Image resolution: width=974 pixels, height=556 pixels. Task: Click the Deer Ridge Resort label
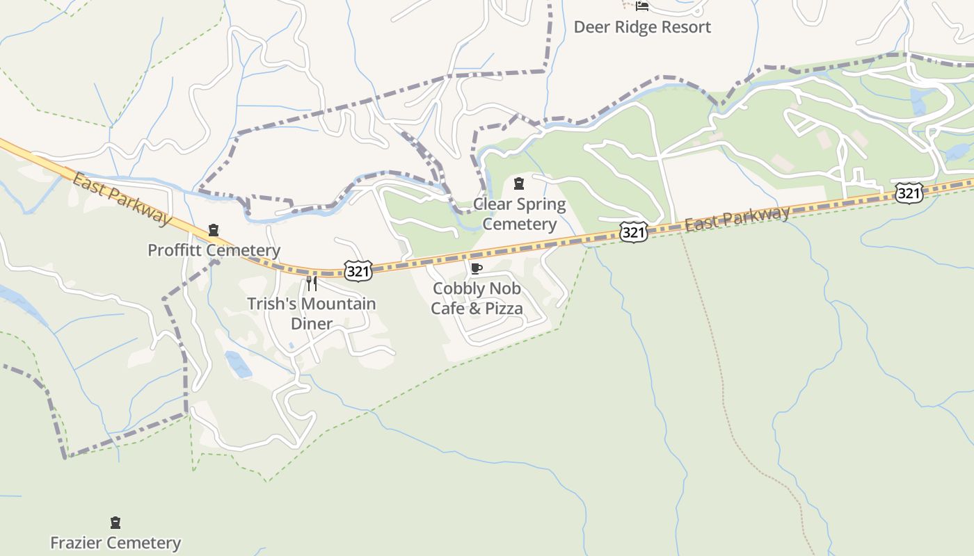[x=641, y=27]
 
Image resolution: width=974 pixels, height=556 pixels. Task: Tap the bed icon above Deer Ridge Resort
[x=641, y=6]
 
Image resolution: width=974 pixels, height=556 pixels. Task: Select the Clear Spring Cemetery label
[x=520, y=214]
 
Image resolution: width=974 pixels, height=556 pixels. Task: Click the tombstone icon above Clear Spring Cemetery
[x=518, y=183]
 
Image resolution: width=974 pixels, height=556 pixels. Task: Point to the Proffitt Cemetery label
[x=214, y=250]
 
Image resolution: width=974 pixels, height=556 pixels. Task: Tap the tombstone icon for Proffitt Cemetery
[x=214, y=230]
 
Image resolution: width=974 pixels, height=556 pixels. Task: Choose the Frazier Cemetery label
[x=115, y=542]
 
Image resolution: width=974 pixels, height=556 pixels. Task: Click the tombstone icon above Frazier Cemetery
[x=115, y=522]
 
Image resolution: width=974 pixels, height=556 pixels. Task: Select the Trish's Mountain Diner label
[x=312, y=313]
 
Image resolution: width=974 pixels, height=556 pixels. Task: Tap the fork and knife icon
[x=312, y=283]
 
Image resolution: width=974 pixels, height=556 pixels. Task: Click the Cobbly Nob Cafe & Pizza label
[x=477, y=297]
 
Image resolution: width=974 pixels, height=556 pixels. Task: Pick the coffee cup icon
[x=476, y=268]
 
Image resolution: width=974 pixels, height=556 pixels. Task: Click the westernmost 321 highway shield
[x=358, y=271]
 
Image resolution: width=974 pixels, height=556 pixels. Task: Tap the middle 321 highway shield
[x=633, y=231]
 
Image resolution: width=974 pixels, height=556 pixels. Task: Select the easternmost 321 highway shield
[x=909, y=193]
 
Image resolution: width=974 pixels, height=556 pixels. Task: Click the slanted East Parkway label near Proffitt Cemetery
[x=122, y=199]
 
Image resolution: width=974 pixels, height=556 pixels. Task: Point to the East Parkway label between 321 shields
[x=737, y=218]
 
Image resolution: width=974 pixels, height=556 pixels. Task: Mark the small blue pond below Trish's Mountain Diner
[x=238, y=364]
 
